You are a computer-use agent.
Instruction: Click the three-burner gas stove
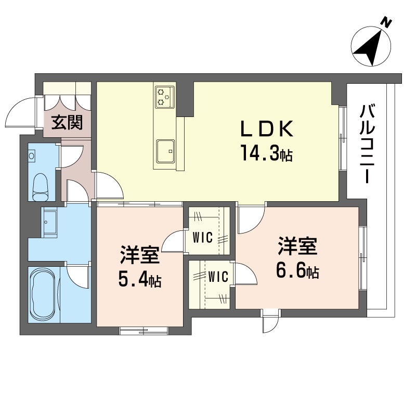pyautogui.click(x=165, y=96)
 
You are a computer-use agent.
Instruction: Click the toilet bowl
pyautogui.click(x=40, y=186)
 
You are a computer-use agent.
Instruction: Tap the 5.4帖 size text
pyautogui.click(x=139, y=281)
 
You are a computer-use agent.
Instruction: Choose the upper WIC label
pyautogui.click(x=203, y=238)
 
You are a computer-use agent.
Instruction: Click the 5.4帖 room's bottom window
pyautogui.click(x=143, y=329)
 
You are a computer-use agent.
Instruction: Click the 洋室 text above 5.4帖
pyautogui.click(x=139, y=255)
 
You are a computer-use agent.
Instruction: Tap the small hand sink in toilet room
pyautogui.click(x=32, y=155)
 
